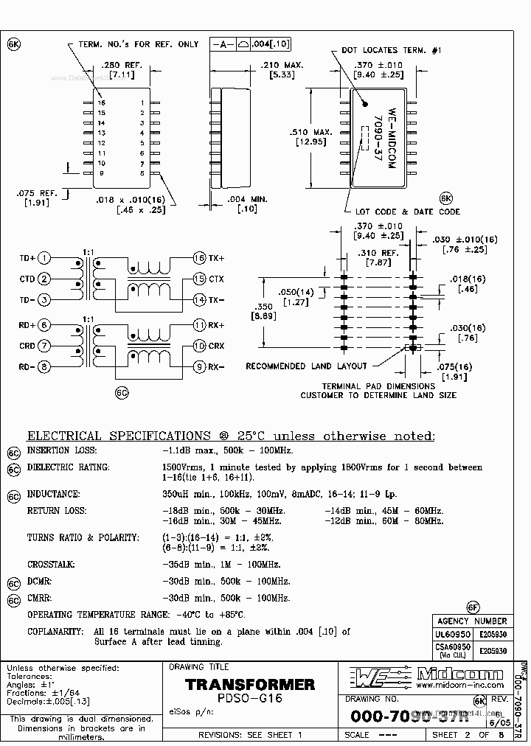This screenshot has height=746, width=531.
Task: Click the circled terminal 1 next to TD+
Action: (x=44, y=258)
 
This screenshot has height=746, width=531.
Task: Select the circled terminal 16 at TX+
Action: (x=199, y=258)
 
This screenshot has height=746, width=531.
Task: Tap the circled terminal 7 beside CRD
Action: (x=44, y=346)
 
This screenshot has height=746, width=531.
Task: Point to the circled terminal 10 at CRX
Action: (x=199, y=346)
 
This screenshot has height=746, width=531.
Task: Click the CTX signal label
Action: (x=216, y=279)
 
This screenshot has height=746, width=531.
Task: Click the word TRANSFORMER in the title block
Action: (x=250, y=685)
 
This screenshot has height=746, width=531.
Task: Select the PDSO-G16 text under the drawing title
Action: (x=250, y=698)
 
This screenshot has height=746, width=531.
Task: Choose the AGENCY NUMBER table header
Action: (x=472, y=621)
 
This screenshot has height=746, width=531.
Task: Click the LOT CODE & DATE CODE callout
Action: (x=407, y=212)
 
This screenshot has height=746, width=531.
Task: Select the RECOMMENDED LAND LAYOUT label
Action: (x=306, y=366)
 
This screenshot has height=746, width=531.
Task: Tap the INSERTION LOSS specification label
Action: (x=58, y=450)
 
